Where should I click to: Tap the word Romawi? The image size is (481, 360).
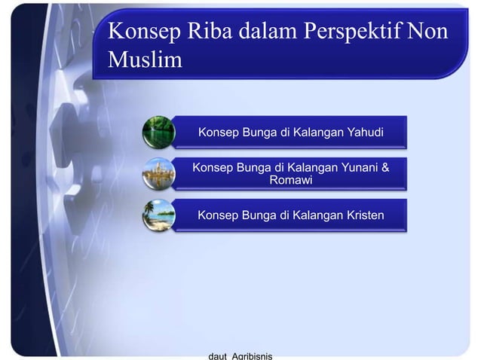[x=290, y=181]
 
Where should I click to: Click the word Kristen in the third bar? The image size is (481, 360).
[x=360, y=216]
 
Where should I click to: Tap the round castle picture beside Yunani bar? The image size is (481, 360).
[x=159, y=174]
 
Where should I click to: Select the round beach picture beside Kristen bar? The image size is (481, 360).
[x=159, y=215]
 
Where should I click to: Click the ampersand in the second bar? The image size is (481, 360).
[x=386, y=167]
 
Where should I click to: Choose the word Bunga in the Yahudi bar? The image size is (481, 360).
[x=257, y=133]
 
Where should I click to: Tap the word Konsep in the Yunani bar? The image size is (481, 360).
[x=215, y=167]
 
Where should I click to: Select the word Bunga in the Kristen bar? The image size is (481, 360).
[x=257, y=216]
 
